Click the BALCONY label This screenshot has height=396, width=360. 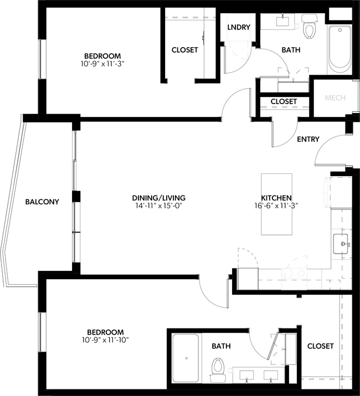[x=42, y=202]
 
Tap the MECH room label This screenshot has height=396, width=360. [x=335, y=98]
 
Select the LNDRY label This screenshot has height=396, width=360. [x=239, y=27]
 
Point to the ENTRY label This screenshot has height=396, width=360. [x=308, y=139]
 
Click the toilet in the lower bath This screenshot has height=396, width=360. [x=218, y=366]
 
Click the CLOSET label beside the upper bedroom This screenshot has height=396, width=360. [x=184, y=50]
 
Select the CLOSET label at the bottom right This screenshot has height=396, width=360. [x=320, y=346]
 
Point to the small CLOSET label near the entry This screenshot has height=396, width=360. [x=284, y=102]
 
